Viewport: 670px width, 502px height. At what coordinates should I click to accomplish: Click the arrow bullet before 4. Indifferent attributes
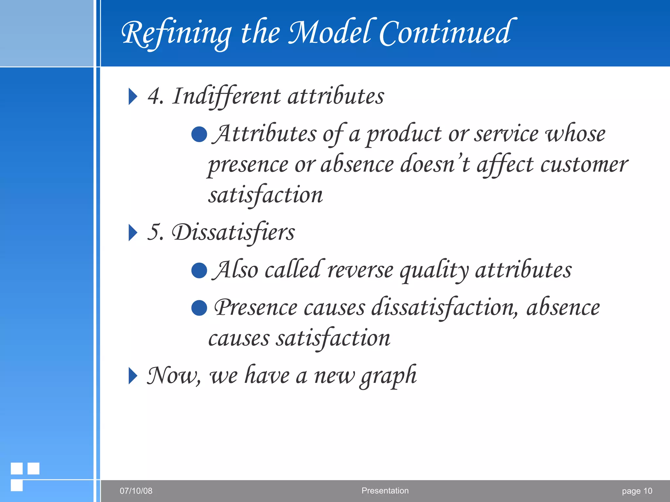click(132, 96)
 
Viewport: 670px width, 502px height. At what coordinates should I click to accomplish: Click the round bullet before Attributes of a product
click(199, 134)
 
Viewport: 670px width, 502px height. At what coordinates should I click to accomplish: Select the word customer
click(584, 164)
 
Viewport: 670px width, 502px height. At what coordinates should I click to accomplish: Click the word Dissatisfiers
click(233, 232)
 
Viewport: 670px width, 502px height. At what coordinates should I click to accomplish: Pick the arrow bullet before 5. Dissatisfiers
click(132, 233)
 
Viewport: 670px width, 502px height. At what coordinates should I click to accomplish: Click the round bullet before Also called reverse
click(199, 271)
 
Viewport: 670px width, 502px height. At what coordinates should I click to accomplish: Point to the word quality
click(434, 271)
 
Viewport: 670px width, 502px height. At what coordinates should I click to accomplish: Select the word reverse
click(360, 271)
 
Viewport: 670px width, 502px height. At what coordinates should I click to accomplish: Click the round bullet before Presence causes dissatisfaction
click(199, 308)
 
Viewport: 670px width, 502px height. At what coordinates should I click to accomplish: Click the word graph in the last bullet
click(388, 376)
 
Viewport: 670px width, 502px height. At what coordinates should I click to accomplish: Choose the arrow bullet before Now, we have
click(132, 376)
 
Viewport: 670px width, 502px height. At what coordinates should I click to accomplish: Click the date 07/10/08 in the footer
click(136, 491)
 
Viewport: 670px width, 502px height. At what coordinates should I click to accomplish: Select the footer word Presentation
click(385, 491)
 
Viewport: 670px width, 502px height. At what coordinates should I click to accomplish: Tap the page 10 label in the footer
click(637, 491)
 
